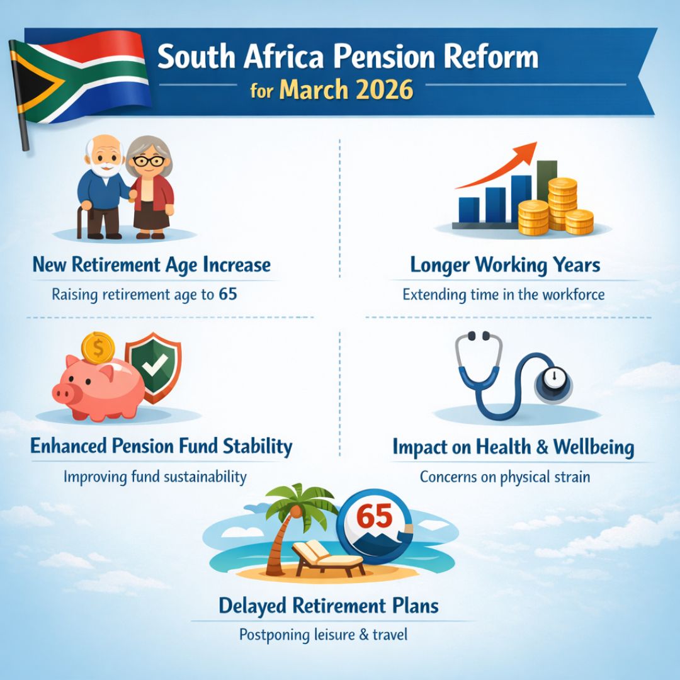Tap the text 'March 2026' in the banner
click(346, 89)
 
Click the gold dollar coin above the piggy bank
click(98, 348)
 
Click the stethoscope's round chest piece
click(553, 381)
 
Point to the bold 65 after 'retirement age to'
click(229, 293)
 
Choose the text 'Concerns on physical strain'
click(505, 477)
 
